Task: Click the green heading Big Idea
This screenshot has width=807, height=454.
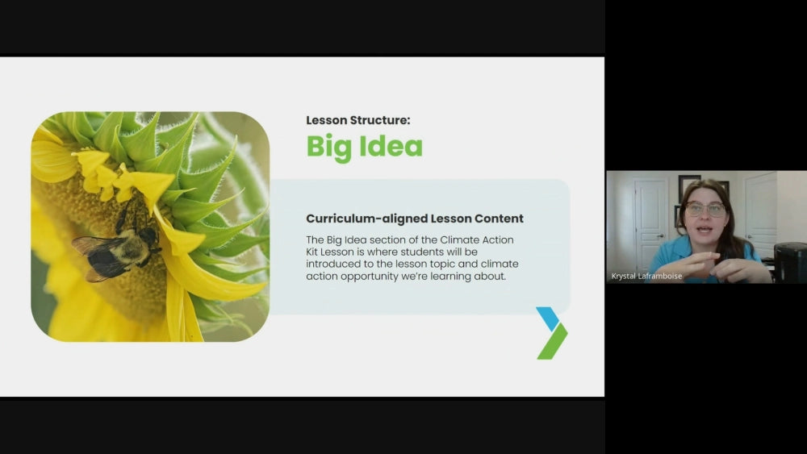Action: tap(365, 147)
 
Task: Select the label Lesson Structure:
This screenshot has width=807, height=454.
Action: tap(358, 120)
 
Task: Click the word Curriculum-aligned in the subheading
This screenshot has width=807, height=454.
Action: tap(366, 219)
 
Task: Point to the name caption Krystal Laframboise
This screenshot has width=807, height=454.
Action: tap(646, 276)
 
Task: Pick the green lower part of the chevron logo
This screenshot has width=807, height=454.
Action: tap(553, 341)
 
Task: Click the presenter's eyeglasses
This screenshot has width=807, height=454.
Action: tap(705, 209)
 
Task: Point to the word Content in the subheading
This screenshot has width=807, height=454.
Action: tap(499, 219)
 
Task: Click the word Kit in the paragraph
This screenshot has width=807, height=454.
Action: tap(312, 252)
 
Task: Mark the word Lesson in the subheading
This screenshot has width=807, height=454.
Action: tap(451, 219)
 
